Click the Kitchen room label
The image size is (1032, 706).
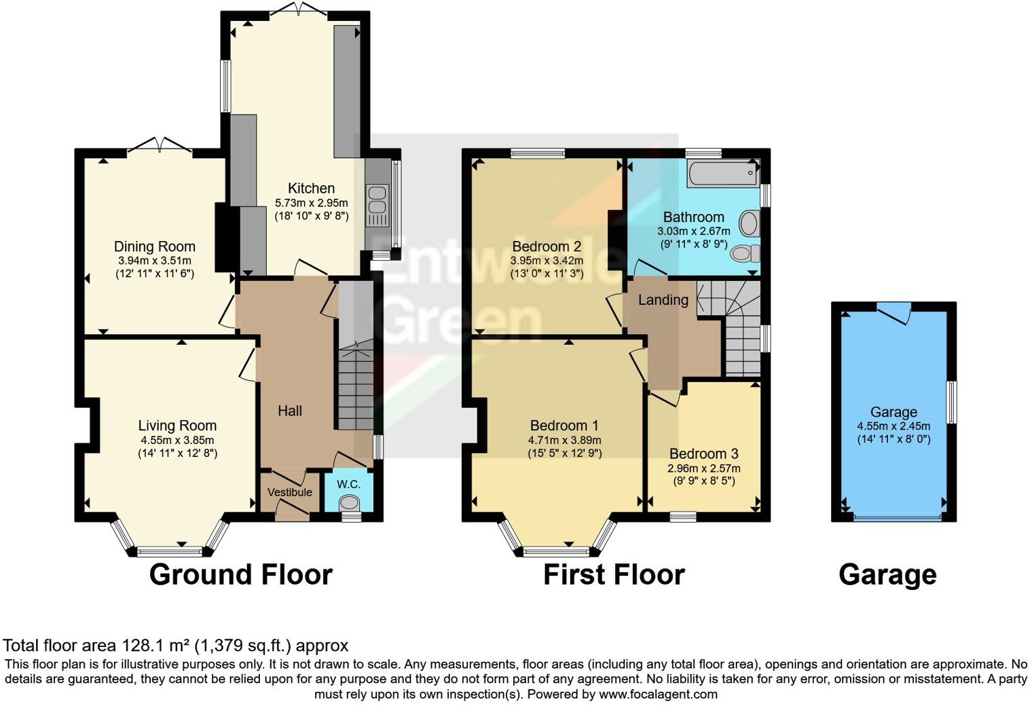coord(311,188)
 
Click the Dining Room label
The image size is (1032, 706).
coord(154,246)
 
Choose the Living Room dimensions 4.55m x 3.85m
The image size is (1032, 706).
coord(177,440)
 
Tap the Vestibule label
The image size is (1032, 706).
coord(290,492)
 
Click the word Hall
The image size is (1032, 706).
coord(290,411)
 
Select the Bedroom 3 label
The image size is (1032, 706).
coord(703,453)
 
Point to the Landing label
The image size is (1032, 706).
coord(663,299)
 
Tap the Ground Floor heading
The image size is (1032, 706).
coord(240,574)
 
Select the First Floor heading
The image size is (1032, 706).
coord(614,574)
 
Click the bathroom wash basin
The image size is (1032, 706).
coord(749,223)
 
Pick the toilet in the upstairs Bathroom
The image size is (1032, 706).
coord(745,254)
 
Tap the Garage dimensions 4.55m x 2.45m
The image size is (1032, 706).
coord(893,426)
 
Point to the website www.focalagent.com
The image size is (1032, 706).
coord(658,694)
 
